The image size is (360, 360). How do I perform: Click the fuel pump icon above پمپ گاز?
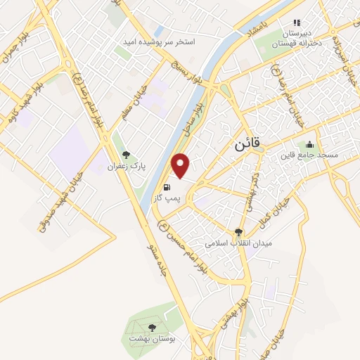pos(167,187)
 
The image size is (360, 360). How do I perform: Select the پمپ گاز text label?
pos(167,199)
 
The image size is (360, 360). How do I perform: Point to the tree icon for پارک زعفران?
pos(127,155)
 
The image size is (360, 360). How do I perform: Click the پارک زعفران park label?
pos(126,167)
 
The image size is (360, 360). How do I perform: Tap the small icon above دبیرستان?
pos(296,22)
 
